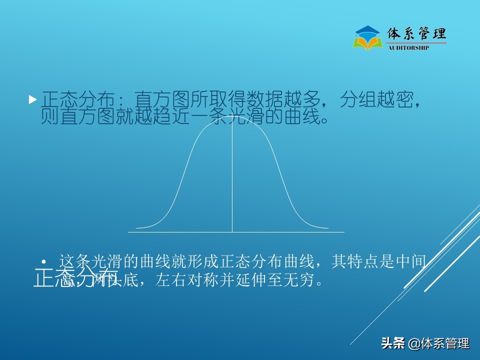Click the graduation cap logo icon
pos(367,38)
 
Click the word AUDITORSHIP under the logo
pos(408,48)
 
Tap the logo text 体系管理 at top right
pos(417,34)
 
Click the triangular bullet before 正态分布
pos(33,99)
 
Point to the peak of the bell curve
pos(232,120)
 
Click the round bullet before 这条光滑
pos(44,262)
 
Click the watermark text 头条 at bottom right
pos(393,343)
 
